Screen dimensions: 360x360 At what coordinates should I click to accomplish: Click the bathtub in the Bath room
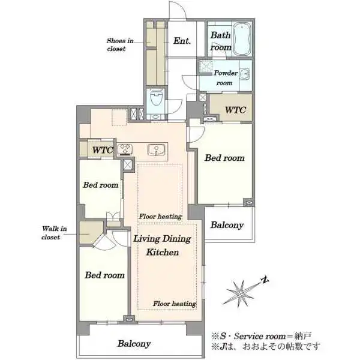(x=242, y=40)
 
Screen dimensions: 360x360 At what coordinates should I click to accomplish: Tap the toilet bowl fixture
(x=157, y=97)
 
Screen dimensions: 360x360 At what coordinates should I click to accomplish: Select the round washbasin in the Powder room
(x=245, y=74)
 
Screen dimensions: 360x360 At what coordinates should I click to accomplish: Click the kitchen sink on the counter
(x=156, y=149)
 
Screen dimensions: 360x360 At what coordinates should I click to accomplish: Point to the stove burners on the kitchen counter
(x=125, y=149)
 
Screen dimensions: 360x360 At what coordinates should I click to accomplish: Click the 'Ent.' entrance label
(x=182, y=41)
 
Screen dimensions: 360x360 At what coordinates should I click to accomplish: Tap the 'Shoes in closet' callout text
(x=120, y=45)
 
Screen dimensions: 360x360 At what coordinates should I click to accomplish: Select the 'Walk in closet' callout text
(x=54, y=233)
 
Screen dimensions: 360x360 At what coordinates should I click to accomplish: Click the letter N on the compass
(x=265, y=280)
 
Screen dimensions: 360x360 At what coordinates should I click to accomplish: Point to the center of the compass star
(x=240, y=293)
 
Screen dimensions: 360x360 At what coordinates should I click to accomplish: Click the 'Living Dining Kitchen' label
(x=163, y=245)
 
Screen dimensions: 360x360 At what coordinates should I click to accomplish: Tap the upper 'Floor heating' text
(x=160, y=216)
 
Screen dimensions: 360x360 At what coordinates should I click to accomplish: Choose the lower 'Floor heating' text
(x=175, y=304)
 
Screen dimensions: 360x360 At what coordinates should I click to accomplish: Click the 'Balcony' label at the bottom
(x=134, y=343)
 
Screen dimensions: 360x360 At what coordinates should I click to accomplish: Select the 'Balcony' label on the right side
(x=227, y=225)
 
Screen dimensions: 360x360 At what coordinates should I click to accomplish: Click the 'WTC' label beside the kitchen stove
(x=103, y=150)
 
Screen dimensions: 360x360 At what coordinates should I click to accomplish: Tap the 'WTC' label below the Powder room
(x=236, y=110)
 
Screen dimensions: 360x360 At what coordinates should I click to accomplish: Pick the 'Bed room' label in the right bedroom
(x=224, y=158)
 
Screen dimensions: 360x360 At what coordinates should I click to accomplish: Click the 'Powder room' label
(x=226, y=78)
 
